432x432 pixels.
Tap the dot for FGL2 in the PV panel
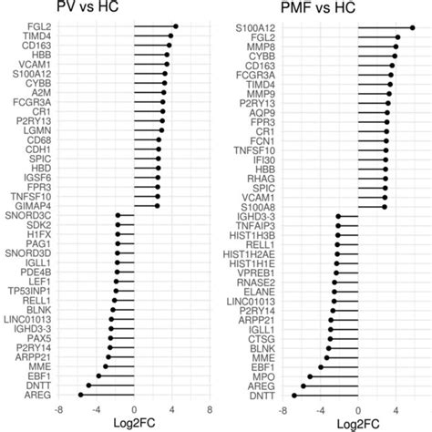pos(175,26)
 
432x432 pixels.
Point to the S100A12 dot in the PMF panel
pos(412,27)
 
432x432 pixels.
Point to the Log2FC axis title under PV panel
pos(134,424)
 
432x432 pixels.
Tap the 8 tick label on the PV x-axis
pos(210,409)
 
